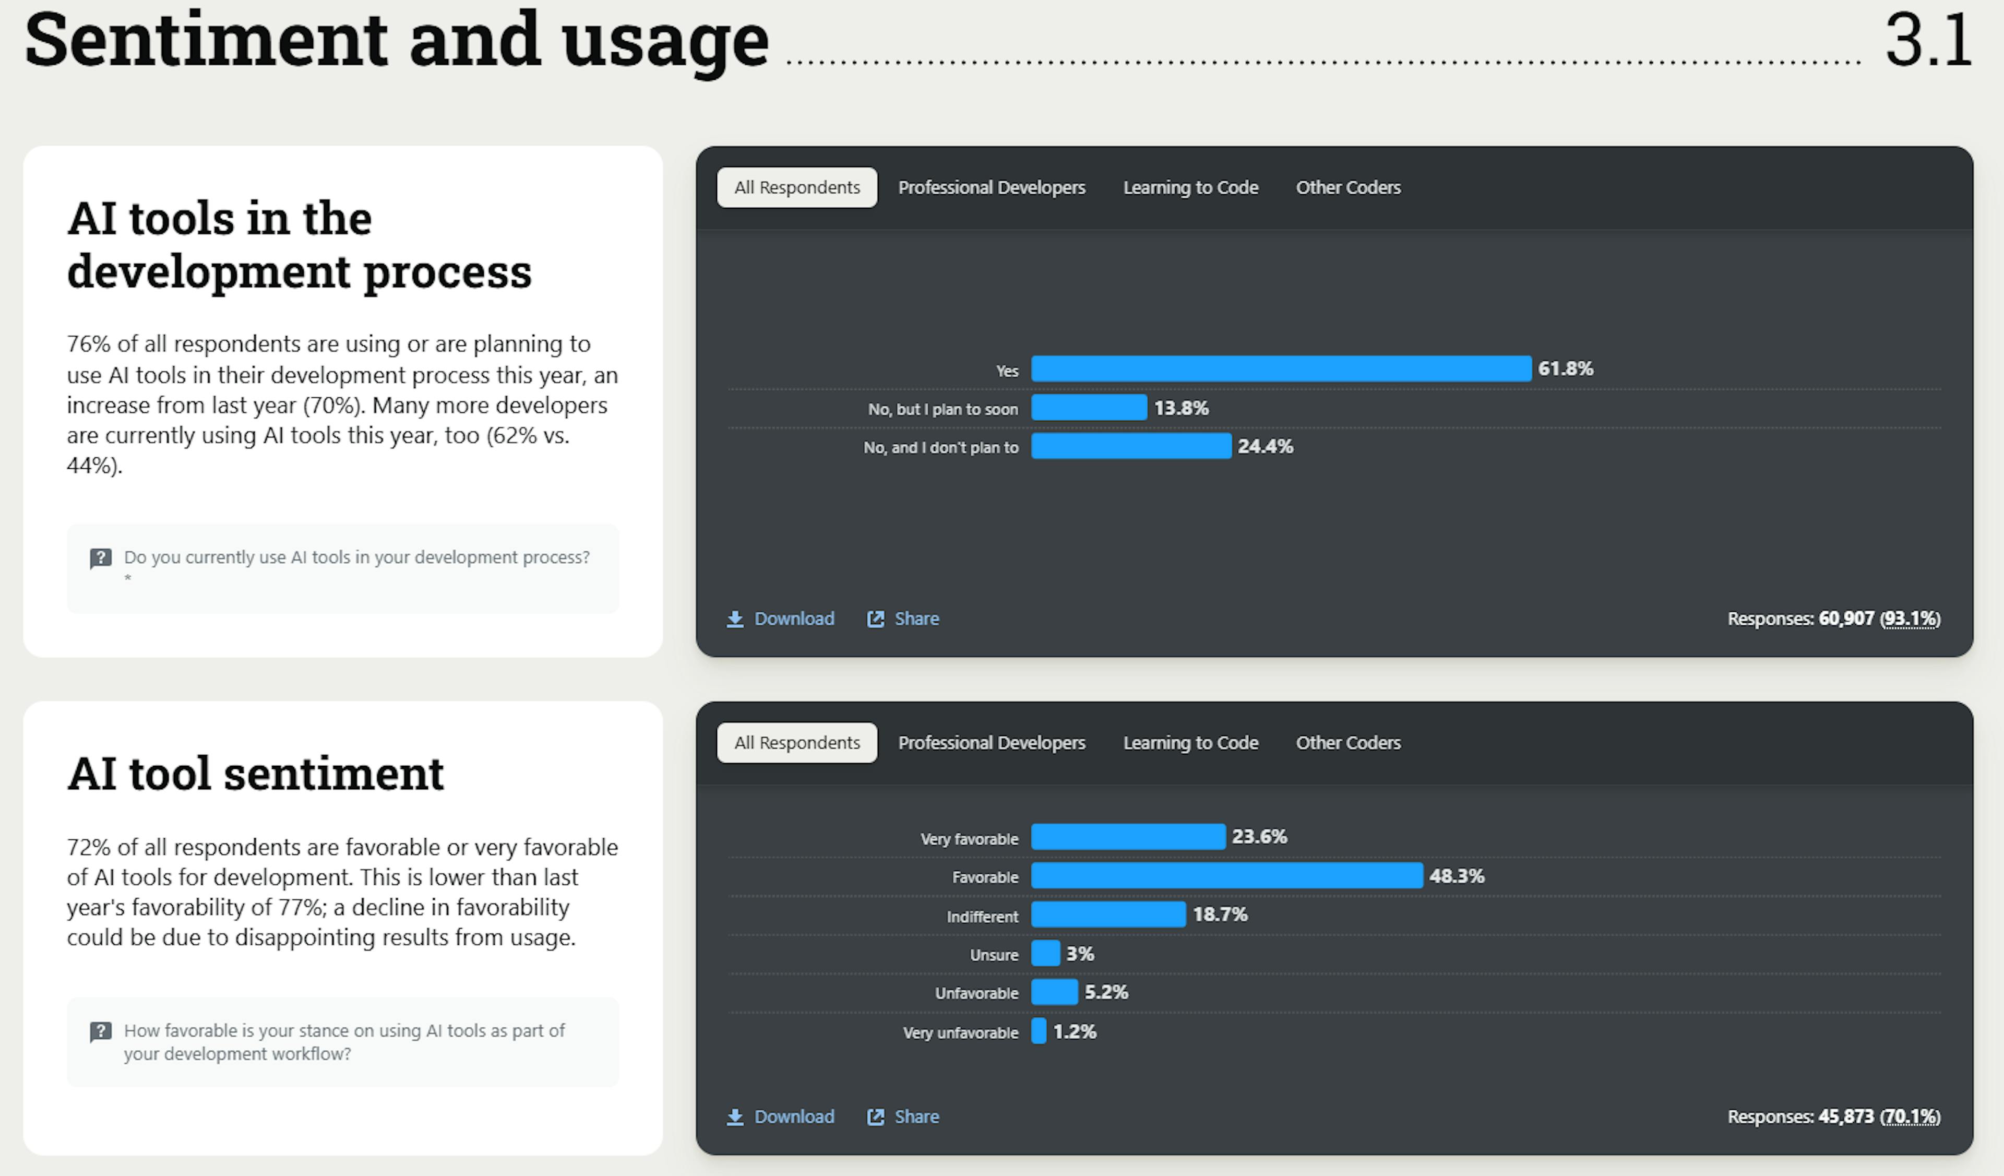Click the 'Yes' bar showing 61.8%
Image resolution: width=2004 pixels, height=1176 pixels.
point(1280,369)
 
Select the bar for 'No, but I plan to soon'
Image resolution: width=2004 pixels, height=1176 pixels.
point(1089,408)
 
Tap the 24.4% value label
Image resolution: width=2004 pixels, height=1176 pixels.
point(1265,447)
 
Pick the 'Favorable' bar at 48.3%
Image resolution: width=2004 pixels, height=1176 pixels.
point(1226,875)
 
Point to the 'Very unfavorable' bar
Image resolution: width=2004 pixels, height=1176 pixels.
point(1039,1031)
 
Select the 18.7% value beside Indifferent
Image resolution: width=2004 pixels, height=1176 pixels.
point(1220,914)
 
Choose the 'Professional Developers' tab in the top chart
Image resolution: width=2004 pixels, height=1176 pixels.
point(991,188)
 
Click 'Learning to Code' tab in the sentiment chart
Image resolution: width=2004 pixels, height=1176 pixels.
point(1190,743)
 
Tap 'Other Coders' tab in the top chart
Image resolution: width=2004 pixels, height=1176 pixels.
point(1348,188)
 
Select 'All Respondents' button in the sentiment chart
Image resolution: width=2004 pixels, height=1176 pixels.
point(797,743)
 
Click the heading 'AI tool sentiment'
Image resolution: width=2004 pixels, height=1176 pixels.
point(255,773)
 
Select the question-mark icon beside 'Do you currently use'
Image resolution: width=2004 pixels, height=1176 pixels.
point(100,558)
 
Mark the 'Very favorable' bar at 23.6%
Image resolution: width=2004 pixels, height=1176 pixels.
point(1128,837)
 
